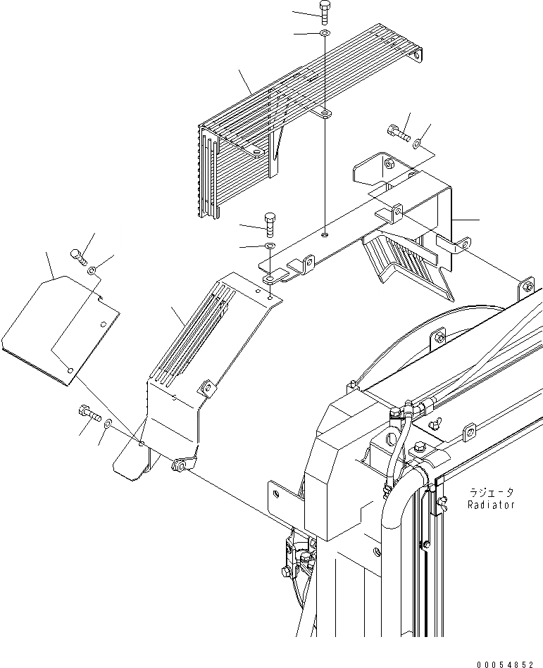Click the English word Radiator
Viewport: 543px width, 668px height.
(x=491, y=505)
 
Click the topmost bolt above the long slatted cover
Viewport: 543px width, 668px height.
(x=324, y=13)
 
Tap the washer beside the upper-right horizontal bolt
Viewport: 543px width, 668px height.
(x=418, y=144)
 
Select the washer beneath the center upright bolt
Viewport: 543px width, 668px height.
(x=270, y=246)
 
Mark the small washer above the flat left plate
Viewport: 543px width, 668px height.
(x=92, y=270)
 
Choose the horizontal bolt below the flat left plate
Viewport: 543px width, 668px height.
(x=89, y=412)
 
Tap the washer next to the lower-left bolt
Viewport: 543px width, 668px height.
(x=107, y=424)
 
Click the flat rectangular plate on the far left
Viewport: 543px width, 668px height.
(x=60, y=327)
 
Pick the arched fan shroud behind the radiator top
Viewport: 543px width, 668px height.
(x=423, y=331)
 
